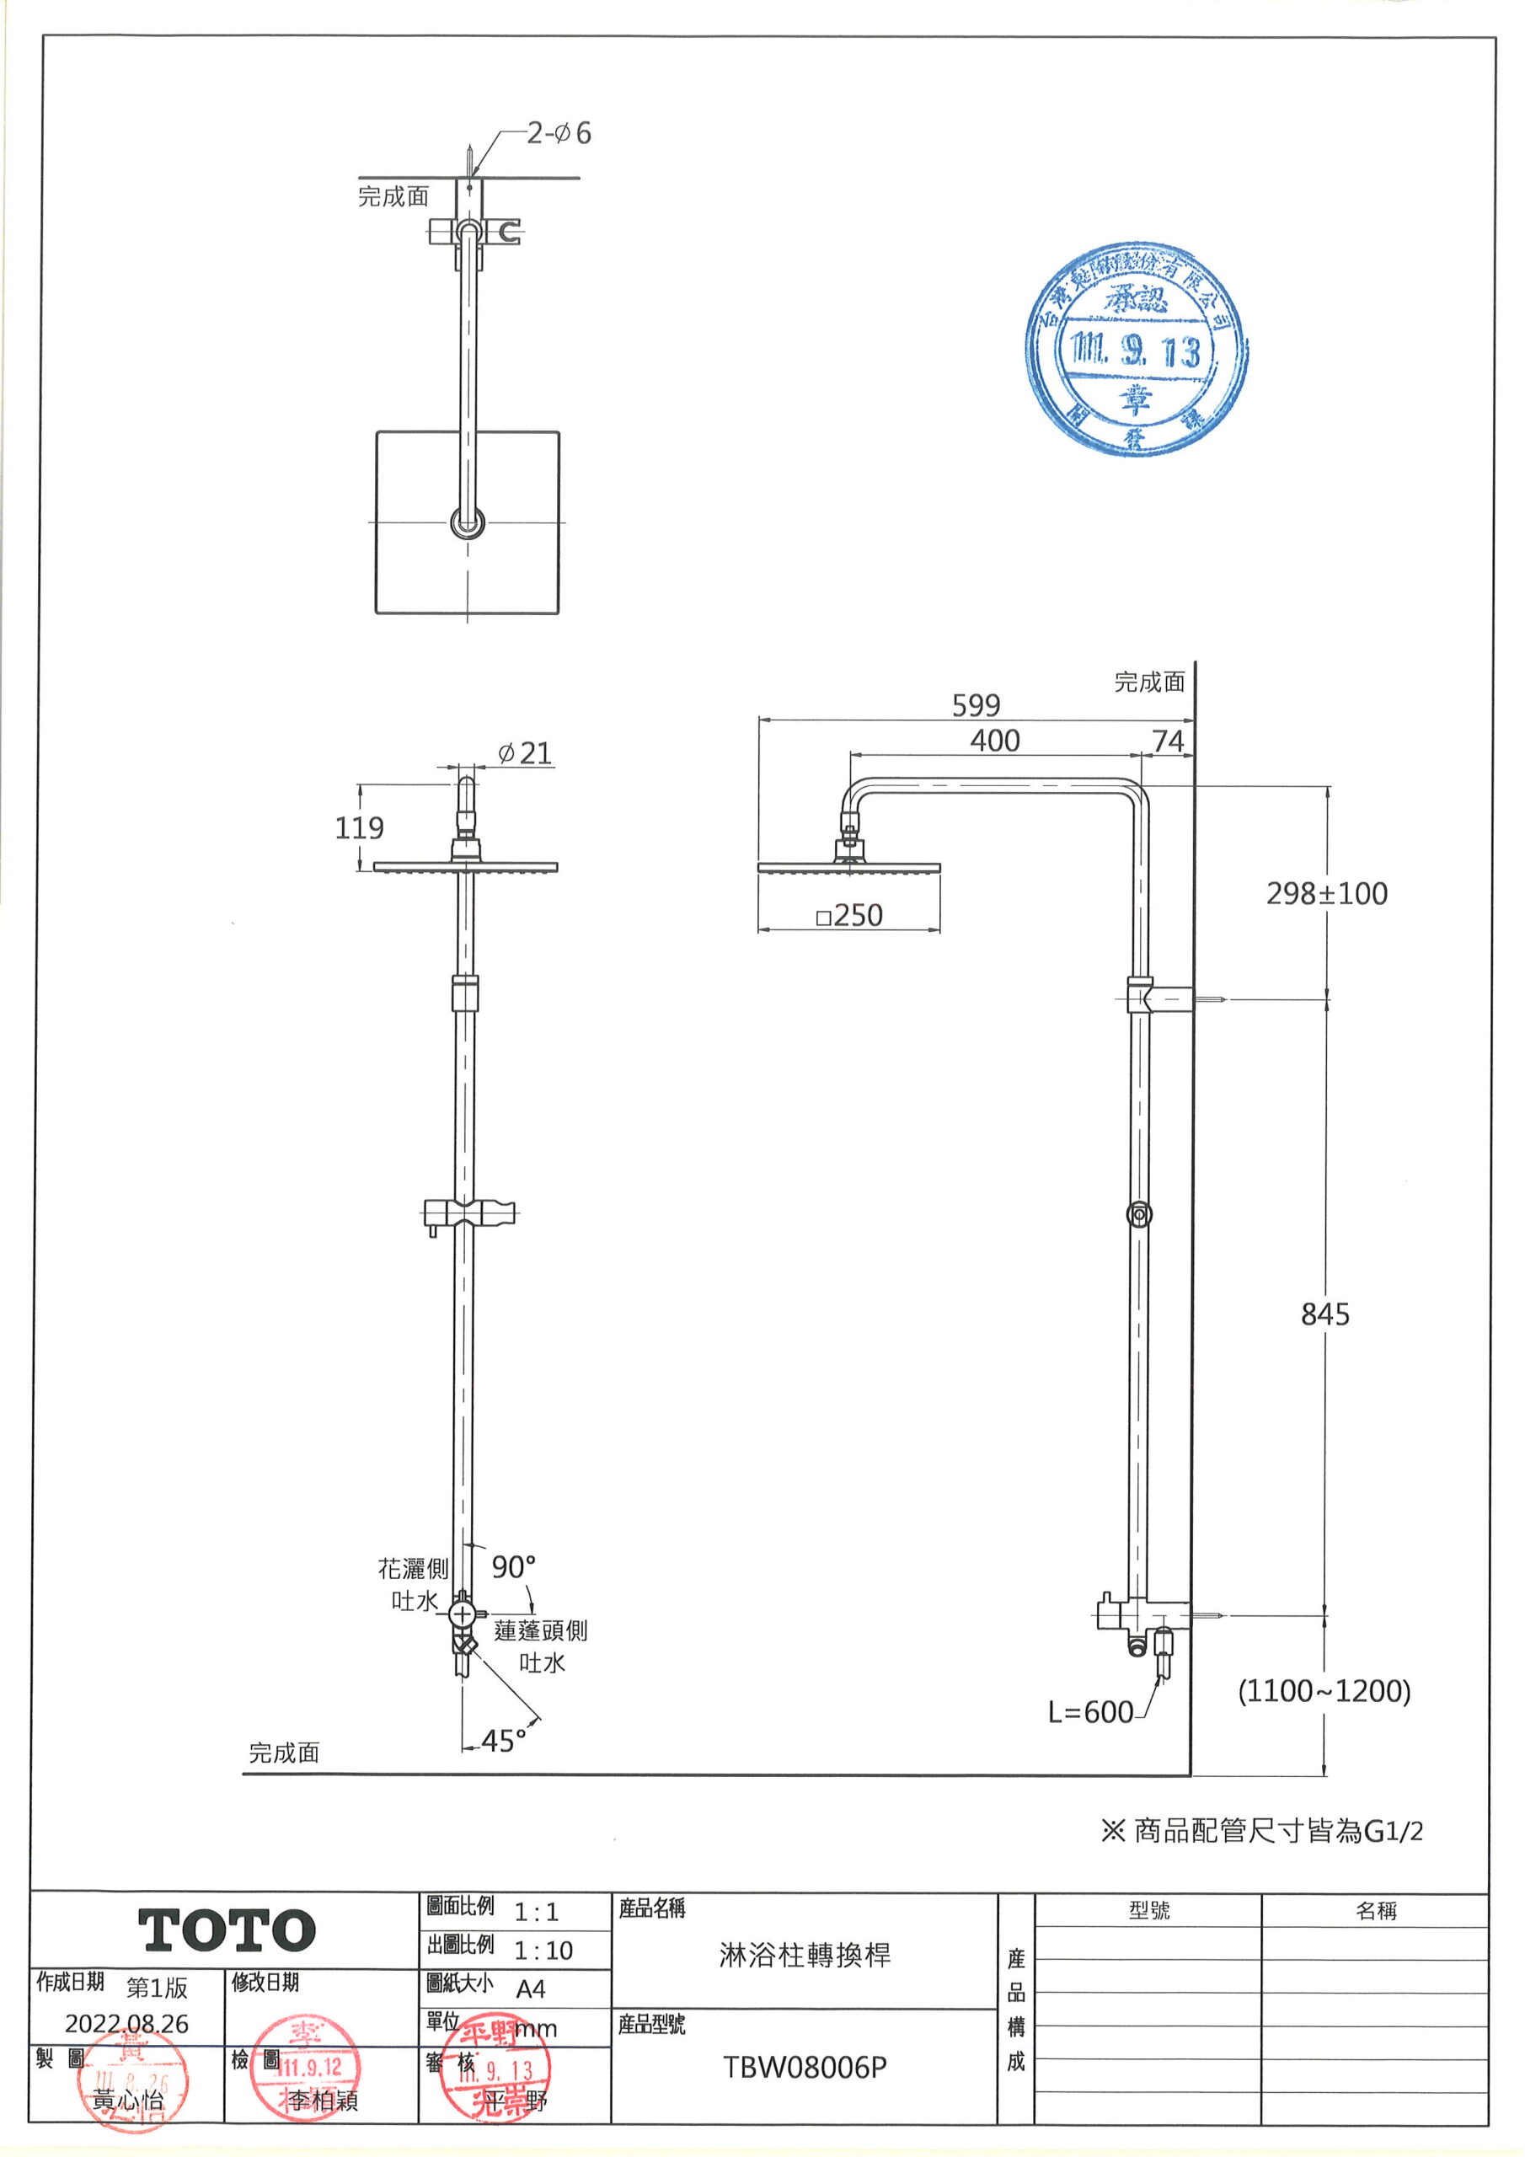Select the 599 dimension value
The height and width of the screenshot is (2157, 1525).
tap(976, 704)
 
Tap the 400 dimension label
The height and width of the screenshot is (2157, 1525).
tap(994, 741)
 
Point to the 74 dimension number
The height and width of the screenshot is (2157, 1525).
tap(1168, 741)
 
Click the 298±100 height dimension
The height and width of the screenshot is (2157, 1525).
tap(1326, 893)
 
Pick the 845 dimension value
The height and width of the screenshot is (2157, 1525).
tap(1324, 1314)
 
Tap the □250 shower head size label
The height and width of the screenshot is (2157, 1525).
tap(849, 915)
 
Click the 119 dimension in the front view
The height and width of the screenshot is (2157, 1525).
tap(359, 827)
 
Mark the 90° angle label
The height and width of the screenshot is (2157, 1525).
tap(514, 1567)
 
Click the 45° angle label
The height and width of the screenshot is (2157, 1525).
tap(504, 1741)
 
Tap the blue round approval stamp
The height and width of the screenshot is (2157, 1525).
tap(1136, 350)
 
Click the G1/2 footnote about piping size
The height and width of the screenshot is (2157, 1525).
tap(1261, 1830)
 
